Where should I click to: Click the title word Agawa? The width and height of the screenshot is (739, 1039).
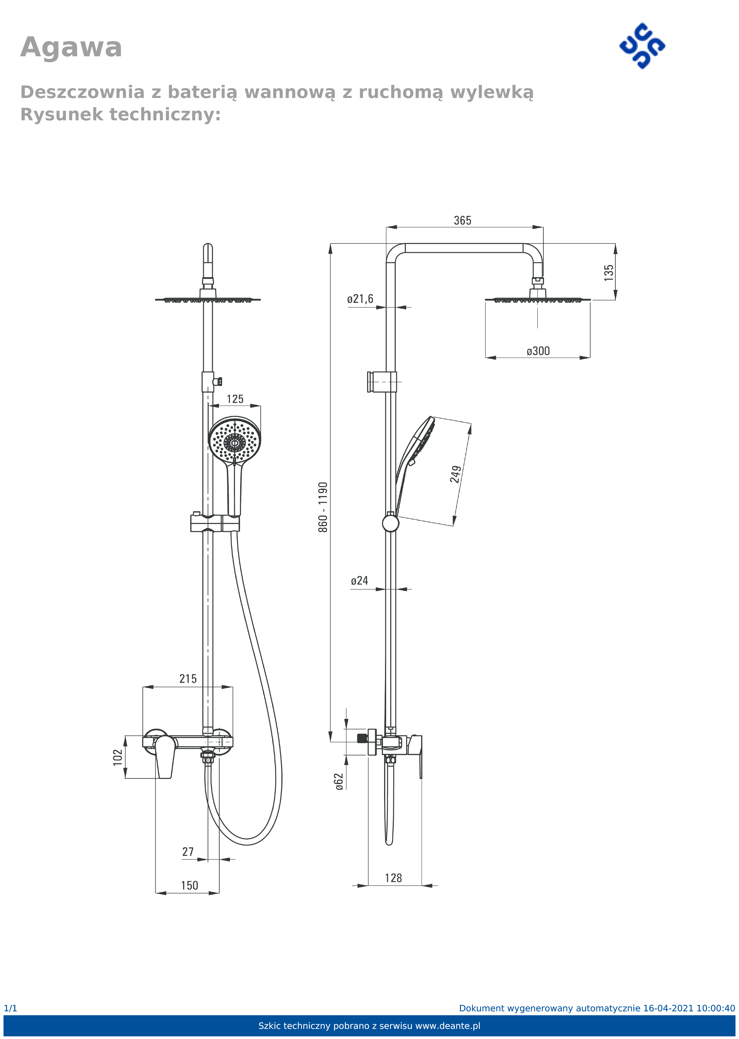point(72,48)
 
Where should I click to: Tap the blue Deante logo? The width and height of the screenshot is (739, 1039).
point(642,46)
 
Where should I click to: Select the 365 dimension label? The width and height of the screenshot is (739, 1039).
point(462,221)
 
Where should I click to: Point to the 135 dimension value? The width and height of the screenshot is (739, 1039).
point(609,273)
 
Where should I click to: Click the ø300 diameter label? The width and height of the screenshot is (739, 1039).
point(538,351)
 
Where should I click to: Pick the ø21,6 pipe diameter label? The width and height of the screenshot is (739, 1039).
point(360,299)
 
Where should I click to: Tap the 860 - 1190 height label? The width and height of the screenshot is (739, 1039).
point(323,507)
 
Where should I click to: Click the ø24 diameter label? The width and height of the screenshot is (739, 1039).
point(359,581)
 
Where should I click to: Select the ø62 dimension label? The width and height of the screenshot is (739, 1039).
point(339,782)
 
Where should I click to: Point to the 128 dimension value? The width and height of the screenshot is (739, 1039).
point(393,878)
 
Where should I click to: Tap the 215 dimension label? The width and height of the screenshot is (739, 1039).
point(188,679)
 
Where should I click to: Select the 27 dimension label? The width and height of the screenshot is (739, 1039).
point(188,852)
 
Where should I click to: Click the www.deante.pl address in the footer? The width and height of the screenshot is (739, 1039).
point(448,1026)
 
